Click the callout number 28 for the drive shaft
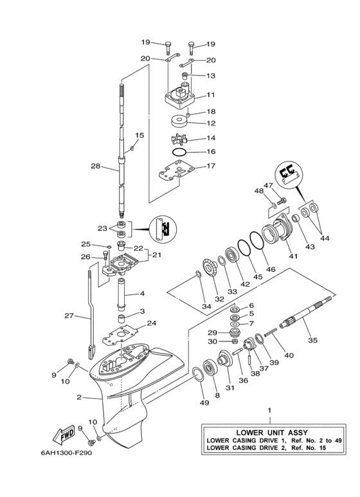(x=95, y=166)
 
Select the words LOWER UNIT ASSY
(x=270, y=432)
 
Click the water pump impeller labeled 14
(x=179, y=139)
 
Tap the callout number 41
(x=294, y=256)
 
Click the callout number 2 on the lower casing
(x=79, y=397)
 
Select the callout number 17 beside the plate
(x=210, y=166)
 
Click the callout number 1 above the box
(x=270, y=410)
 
